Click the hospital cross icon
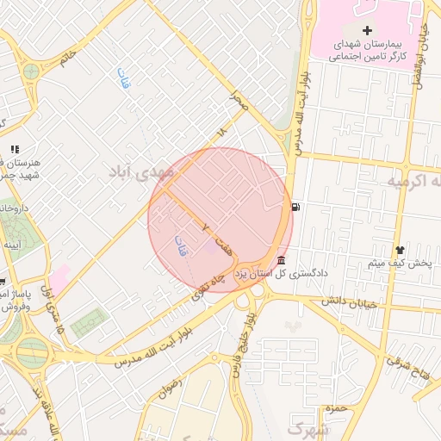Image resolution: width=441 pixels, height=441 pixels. pyautogui.click(x=368, y=30)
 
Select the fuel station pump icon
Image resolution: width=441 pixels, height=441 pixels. pyautogui.click(x=296, y=207)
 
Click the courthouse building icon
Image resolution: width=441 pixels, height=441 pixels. pyautogui.click(x=282, y=261)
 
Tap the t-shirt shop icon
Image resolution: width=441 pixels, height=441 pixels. pyautogui.click(x=399, y=249)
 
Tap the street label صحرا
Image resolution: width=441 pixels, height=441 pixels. pyautogui.click(x=239, y=102)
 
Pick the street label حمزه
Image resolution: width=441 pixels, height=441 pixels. pyautogui.click(x=337, y=408)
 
